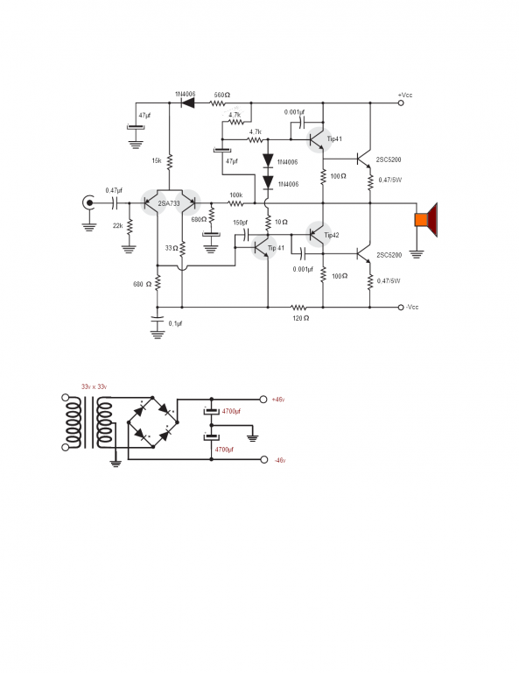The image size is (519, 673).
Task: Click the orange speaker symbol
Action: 426,220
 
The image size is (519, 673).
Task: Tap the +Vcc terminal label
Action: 405,95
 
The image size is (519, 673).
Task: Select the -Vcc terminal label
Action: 412,307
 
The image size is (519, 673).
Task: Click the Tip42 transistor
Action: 319,234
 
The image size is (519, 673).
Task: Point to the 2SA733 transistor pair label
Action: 169,203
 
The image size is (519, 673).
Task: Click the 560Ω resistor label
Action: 222,95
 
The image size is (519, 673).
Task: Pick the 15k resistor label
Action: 157,161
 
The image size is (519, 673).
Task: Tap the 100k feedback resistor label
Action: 236,195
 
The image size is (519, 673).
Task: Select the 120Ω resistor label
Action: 300,318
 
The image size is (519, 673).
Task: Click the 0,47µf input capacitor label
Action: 114,190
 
